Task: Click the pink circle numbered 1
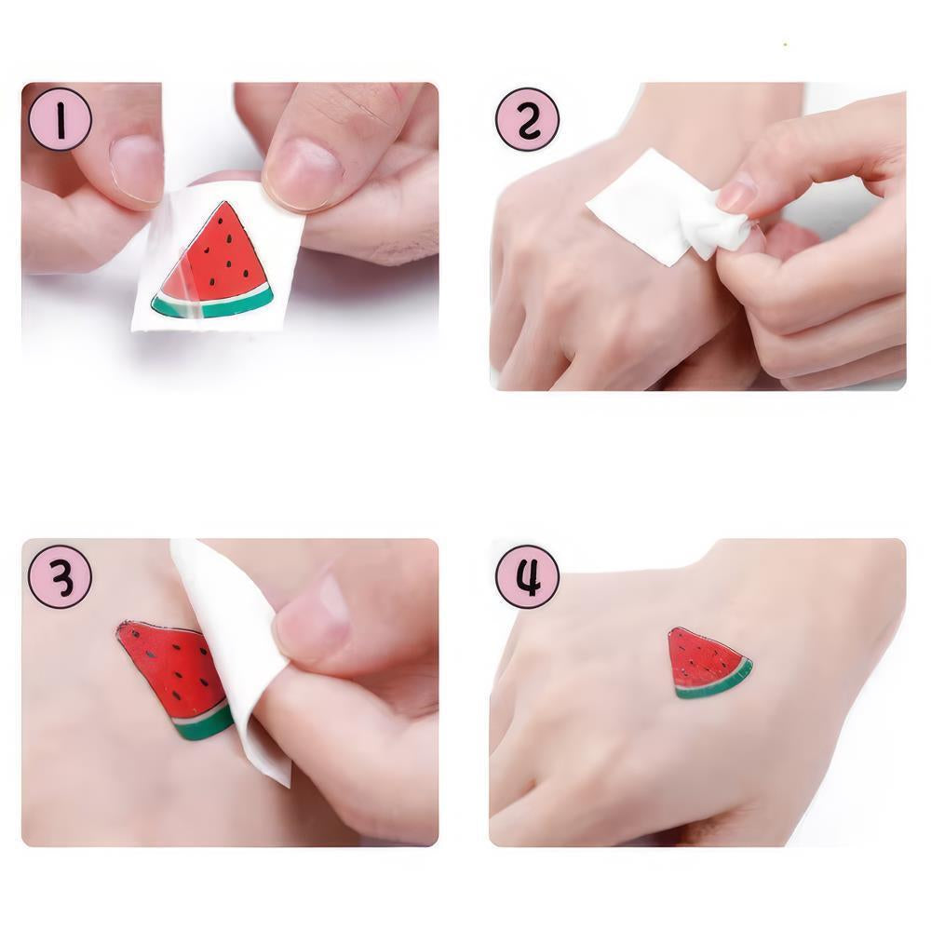[61, 119]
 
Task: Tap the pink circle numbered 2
[528, 119]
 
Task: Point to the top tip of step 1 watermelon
[221, 205]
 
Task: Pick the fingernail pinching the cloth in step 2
[738, 196]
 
